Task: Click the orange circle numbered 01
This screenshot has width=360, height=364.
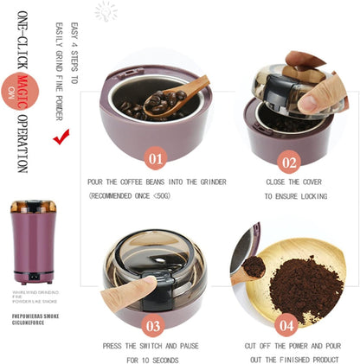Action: click(x=155, y=158)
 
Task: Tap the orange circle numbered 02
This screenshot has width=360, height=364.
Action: click(x=289, y=161)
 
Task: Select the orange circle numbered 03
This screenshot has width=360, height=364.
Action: click(x=153, y=325)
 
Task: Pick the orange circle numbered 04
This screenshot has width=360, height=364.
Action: click(x=288, y=325)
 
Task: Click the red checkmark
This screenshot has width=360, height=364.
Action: click(x=61, y=137)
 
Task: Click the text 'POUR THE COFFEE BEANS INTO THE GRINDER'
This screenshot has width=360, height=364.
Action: click(x=157, y=182)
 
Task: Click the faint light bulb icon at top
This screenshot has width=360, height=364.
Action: click(x=106, y=11)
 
